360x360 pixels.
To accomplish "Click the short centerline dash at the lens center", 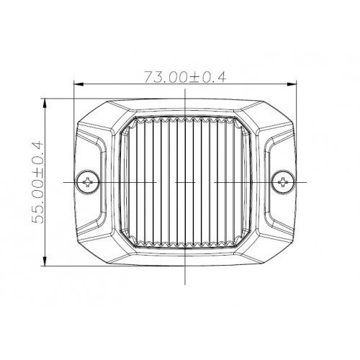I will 186,182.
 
